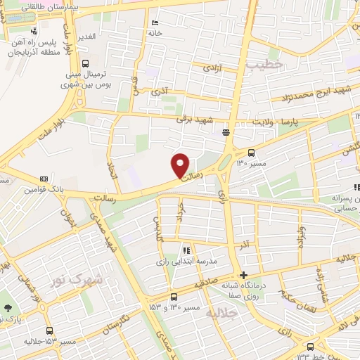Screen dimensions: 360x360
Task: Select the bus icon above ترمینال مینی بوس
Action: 86,63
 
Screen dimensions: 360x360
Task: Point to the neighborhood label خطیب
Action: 264,64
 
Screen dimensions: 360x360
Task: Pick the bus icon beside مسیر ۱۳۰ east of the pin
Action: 252,153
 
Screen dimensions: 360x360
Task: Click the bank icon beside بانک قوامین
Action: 44,179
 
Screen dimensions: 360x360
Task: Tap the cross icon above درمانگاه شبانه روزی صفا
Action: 243,275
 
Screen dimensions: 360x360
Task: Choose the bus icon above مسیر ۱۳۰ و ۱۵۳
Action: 174,297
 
